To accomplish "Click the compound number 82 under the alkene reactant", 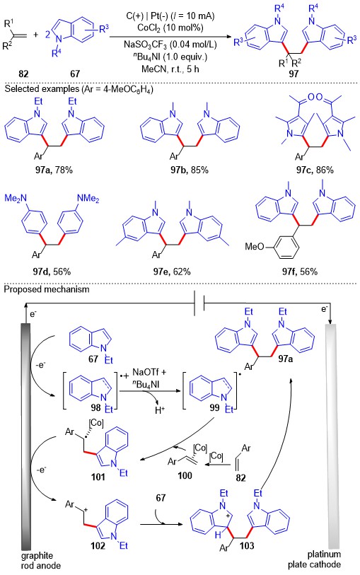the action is pos(23,74).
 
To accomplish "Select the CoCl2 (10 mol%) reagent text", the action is pos(170,28).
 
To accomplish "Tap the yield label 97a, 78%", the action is pos(54,170).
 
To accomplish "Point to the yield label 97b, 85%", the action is pos(189,170).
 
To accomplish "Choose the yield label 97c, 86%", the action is pos(315,170).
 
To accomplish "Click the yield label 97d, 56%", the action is pos(52,272).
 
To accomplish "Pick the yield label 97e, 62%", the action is pos(172,272).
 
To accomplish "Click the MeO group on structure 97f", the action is pos(255,246).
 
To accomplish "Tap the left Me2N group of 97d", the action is pos(16,199).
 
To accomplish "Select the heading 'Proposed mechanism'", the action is pos(47,289).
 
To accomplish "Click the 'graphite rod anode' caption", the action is pos(40,560).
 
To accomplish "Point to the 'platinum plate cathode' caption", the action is pos(314,559).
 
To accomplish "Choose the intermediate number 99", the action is pos(214,407).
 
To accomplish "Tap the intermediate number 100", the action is pos(185,475).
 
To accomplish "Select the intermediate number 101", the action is pos(98,477).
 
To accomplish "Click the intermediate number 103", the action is pos(247,545).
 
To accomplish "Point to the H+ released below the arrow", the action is pos(160,410).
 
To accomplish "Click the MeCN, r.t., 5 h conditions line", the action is pos(170,69).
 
